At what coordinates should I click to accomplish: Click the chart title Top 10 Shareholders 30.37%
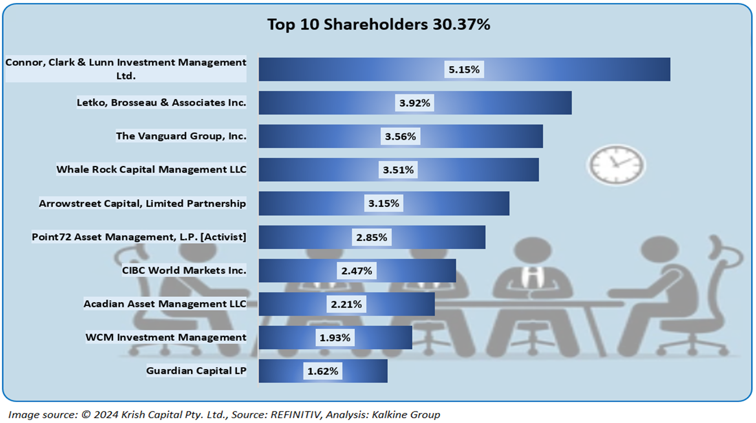coord(378,25)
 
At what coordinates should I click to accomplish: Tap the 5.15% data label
coord(464,69)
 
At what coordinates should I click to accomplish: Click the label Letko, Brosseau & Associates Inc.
coord(161,103)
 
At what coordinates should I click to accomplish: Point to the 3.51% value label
coord(398,170)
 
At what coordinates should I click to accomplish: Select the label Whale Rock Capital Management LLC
coord(151,170)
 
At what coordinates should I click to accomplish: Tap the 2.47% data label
coord(356,271)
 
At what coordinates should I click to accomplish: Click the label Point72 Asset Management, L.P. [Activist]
coord(139,237)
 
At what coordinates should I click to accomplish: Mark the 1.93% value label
coord(335,337)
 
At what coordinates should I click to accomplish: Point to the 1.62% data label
coord(323,371)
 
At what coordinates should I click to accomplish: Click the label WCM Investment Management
coord(166,337)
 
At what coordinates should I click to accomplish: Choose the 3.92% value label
coord(414,103)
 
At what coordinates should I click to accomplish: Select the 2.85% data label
coord(371,237)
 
